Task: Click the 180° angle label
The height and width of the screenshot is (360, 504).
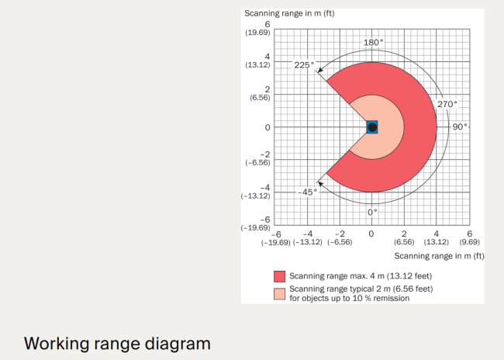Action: click(373, 43)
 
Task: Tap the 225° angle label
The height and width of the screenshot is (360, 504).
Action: click(304, 65)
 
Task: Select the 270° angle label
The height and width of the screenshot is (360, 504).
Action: click(447, 104)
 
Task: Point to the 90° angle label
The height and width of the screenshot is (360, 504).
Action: click(460, 126)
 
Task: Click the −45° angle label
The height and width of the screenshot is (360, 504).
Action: click(307, 192)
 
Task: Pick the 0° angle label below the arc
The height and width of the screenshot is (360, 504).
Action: click(372, 213)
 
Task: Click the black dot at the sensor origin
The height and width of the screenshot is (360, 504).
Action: click(372, 127)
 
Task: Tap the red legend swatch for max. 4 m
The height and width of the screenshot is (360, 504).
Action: click(279, 276)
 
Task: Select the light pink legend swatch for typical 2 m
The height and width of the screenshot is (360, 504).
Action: click(279, 294)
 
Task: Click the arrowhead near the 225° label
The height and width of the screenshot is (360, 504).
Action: click(319, 70)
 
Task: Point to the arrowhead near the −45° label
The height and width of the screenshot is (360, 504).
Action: click(320, 184)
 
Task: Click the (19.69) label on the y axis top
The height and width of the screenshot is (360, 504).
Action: click(257, 33)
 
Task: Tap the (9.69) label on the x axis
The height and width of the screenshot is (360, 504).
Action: click(470, 242)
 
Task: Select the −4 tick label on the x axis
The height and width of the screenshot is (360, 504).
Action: click(308, 234)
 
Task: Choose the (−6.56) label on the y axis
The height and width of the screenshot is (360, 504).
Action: click(257, 162)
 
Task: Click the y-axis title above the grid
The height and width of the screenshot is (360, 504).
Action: click(289, 13)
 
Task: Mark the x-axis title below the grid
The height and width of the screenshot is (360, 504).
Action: click(439, 256)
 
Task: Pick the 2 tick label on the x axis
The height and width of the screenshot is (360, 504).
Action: click(404, 234)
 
